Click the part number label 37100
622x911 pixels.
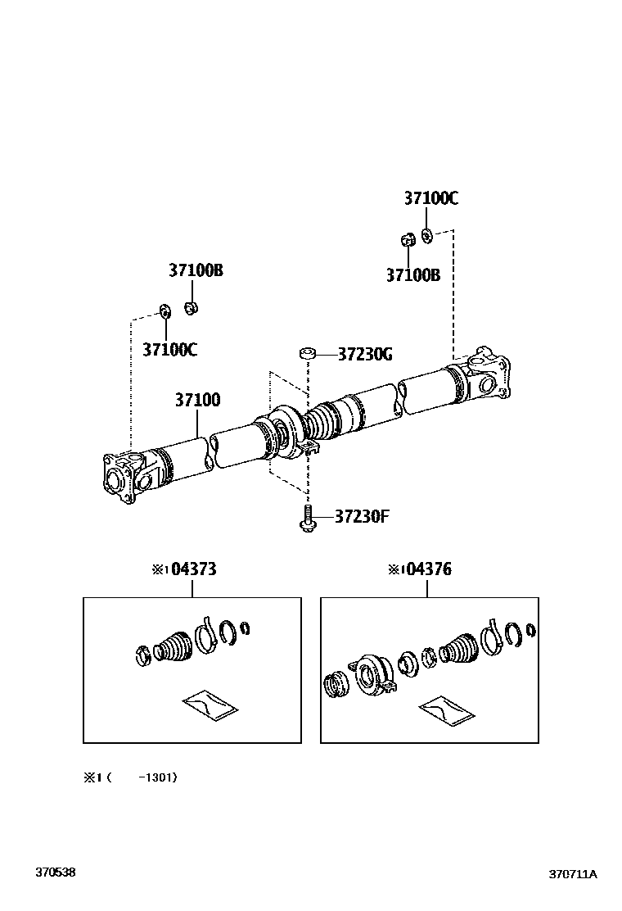tap(197, 401)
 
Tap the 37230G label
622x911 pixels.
tap(365, 355)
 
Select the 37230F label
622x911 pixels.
tap(361, 516)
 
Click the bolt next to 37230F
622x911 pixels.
tap(308, 519)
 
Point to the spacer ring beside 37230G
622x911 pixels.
tap(308, 354)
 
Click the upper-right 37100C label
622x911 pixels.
tap(430, 198)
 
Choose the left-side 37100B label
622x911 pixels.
tap(196, 270)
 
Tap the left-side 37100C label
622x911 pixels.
tap(169, 349)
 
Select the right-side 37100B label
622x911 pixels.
tap(413, 275)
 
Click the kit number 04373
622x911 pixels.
tap(194, 569)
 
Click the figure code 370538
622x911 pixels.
tap(55, 872)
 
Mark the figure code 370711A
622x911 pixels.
tap(572, 873)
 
